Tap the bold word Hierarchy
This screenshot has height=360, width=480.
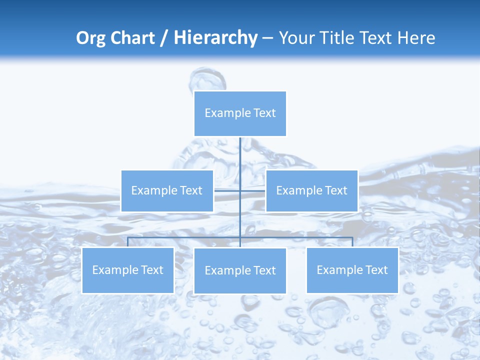pyautogui.click(x=215, y=38)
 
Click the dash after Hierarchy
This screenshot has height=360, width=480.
pyautogui.click(x=268, y=38)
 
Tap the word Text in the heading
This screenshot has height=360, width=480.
pyautogui.click(x=377, y=38)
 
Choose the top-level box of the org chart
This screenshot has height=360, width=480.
pyautogui.click(x=240, y=113)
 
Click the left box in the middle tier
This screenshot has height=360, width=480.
pyautogui.click(x=167, y=191)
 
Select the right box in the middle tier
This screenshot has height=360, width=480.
pyautogui.click(x=311, y=191)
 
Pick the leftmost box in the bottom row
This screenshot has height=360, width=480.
pyautogui.click(x=128, y=270)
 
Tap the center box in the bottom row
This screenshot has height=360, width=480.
pyautogui.click(x=240, y=271)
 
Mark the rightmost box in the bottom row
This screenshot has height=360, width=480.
pyautogui.click(x=352, y=270)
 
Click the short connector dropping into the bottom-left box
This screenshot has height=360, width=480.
pyautogui.click(x=128, y=242)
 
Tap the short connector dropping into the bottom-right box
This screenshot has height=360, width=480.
pyautogui.click(x=352, y=242)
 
